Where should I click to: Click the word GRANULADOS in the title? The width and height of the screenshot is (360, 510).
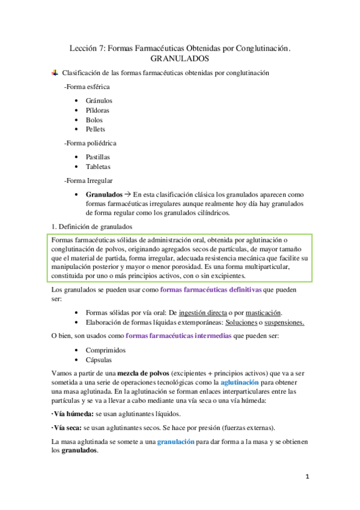click(x=180, y=59)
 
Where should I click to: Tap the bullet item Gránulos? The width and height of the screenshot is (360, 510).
click(x=99, y=101)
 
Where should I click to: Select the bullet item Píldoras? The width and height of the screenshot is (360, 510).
click(x=98, y=111)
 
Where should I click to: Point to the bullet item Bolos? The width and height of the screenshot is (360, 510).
click(x=94, y=120)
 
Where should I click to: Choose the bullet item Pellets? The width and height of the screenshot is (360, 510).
click(x=96, y=129)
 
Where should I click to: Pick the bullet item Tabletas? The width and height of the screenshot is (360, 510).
click(x=98, y=166)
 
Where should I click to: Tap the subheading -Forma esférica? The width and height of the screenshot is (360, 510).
click(x=87, y=87)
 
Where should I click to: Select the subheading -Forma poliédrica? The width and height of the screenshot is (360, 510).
click(x=90, y=143)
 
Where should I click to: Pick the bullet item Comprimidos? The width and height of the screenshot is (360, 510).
click(x=105, y=349)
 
